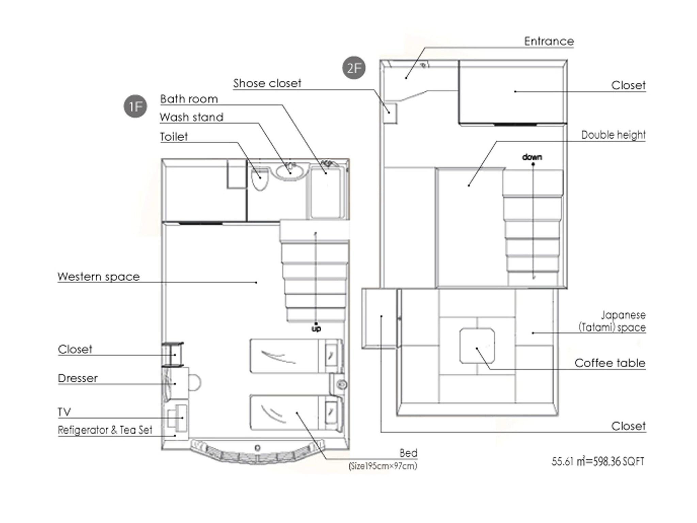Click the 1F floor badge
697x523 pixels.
click(135, 107)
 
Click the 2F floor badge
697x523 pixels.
click(354, 68)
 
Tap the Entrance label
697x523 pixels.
click(549, 42)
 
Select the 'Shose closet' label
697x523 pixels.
click(267, 83)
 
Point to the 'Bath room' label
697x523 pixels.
click(189, 99)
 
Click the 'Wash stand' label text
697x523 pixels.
click(192, 117)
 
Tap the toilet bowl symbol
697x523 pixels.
click(260, 179)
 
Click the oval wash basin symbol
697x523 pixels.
click(290, 171)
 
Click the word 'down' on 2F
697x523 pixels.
click(532, 157)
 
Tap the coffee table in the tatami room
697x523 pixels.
click(477, 346)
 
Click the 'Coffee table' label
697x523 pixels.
click(610, 363)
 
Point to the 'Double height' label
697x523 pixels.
click(613, 135)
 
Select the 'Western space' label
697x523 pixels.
click(99, 276)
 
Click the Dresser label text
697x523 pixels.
click(78, 378)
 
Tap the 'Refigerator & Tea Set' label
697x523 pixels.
click(105, 430)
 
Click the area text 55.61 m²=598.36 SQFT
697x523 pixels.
click(598, 462)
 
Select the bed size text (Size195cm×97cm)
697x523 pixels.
click(383, 466)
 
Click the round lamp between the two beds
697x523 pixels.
click(342, 384)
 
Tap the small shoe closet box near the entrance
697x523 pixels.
click(390, 113)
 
